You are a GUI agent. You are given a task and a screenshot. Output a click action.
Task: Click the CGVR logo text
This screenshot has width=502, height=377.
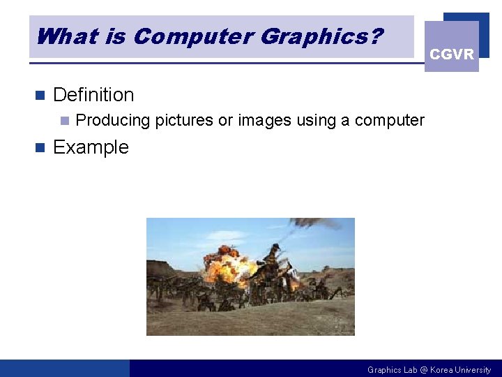pos(451,54)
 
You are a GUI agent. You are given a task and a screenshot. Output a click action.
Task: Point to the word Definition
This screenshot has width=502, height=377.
pos(93,95)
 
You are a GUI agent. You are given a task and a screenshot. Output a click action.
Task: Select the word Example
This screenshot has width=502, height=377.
pos(91,147)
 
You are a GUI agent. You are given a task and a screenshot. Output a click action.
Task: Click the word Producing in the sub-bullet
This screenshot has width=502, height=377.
pos(112,121)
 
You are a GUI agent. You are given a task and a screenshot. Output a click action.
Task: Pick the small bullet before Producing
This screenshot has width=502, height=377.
pos(64,121)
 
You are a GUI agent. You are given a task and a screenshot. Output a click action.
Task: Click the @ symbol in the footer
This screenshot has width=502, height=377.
pos(423,370)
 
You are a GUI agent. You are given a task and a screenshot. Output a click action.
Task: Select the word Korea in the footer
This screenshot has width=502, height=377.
pos(441,370)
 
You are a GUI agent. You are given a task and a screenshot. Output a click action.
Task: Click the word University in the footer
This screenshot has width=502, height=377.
pos(474,370)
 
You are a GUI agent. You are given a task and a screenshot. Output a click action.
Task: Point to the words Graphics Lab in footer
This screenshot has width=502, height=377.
pos(392,370)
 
